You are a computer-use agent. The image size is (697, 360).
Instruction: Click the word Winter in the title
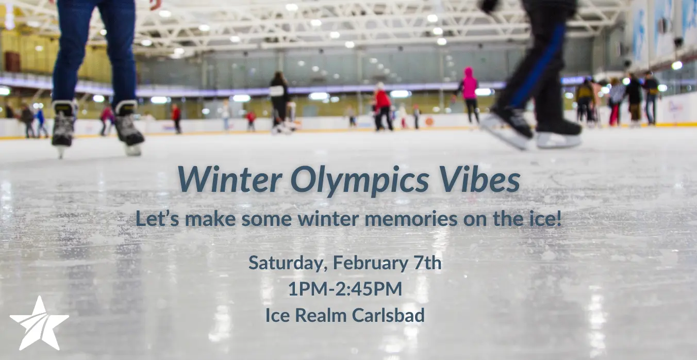click(x=229, y=179)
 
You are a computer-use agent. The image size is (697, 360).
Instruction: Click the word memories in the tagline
click(x=411, y=219)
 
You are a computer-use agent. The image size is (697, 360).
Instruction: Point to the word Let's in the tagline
click(x=157, y=218)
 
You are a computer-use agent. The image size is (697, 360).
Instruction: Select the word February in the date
click(x=370, y=264)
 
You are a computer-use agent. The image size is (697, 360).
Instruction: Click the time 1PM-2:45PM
click(x=345, y=289)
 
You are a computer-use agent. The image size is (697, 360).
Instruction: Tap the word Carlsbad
click(x=388, y=315)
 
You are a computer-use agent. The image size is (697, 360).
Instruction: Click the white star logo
click(x=40, y=324)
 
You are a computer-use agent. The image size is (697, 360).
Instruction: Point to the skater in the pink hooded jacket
click(x=469, y=95)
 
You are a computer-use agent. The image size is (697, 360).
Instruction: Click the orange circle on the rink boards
click(x=429, y=122)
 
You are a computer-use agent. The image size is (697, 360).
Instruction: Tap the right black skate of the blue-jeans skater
click(x=128, y=128)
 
